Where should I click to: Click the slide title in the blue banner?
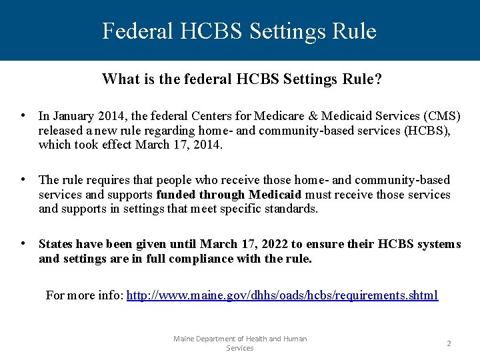coord(239,31)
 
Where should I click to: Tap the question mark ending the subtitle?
coord(379,80)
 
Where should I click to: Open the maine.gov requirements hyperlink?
coord(282,295)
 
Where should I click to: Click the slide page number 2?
coord(449,343)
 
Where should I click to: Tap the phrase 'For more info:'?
coord(84,295)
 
